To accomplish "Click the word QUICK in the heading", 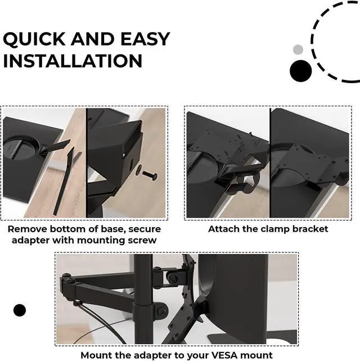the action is point(34,39).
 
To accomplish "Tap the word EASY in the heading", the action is point(145,39).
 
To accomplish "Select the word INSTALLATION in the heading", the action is point(73,61).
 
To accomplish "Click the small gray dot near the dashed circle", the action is point(298,49).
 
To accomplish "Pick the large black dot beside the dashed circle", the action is point(300,71).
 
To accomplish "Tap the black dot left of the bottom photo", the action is point(20,310).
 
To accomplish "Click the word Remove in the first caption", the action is point(27,229).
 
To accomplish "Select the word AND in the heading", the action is point(93,39).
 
